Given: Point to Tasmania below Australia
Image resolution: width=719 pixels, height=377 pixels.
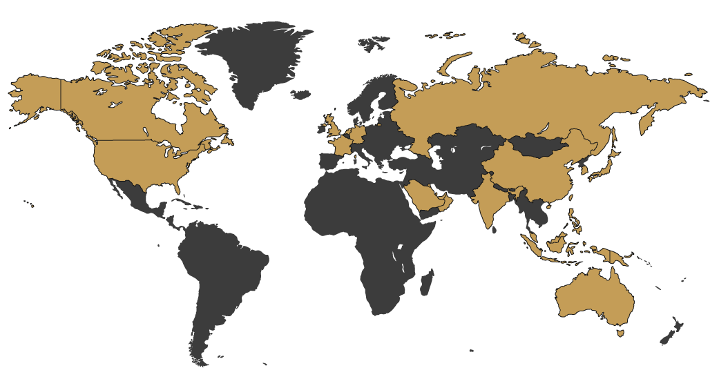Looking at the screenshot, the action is point(620,333).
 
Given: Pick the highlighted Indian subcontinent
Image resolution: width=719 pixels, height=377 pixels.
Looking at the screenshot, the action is point(493,200).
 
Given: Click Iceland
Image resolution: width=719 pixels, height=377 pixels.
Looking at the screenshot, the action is point(301,95).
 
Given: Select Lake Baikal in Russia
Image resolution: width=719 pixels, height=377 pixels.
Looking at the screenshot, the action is point(545,128).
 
